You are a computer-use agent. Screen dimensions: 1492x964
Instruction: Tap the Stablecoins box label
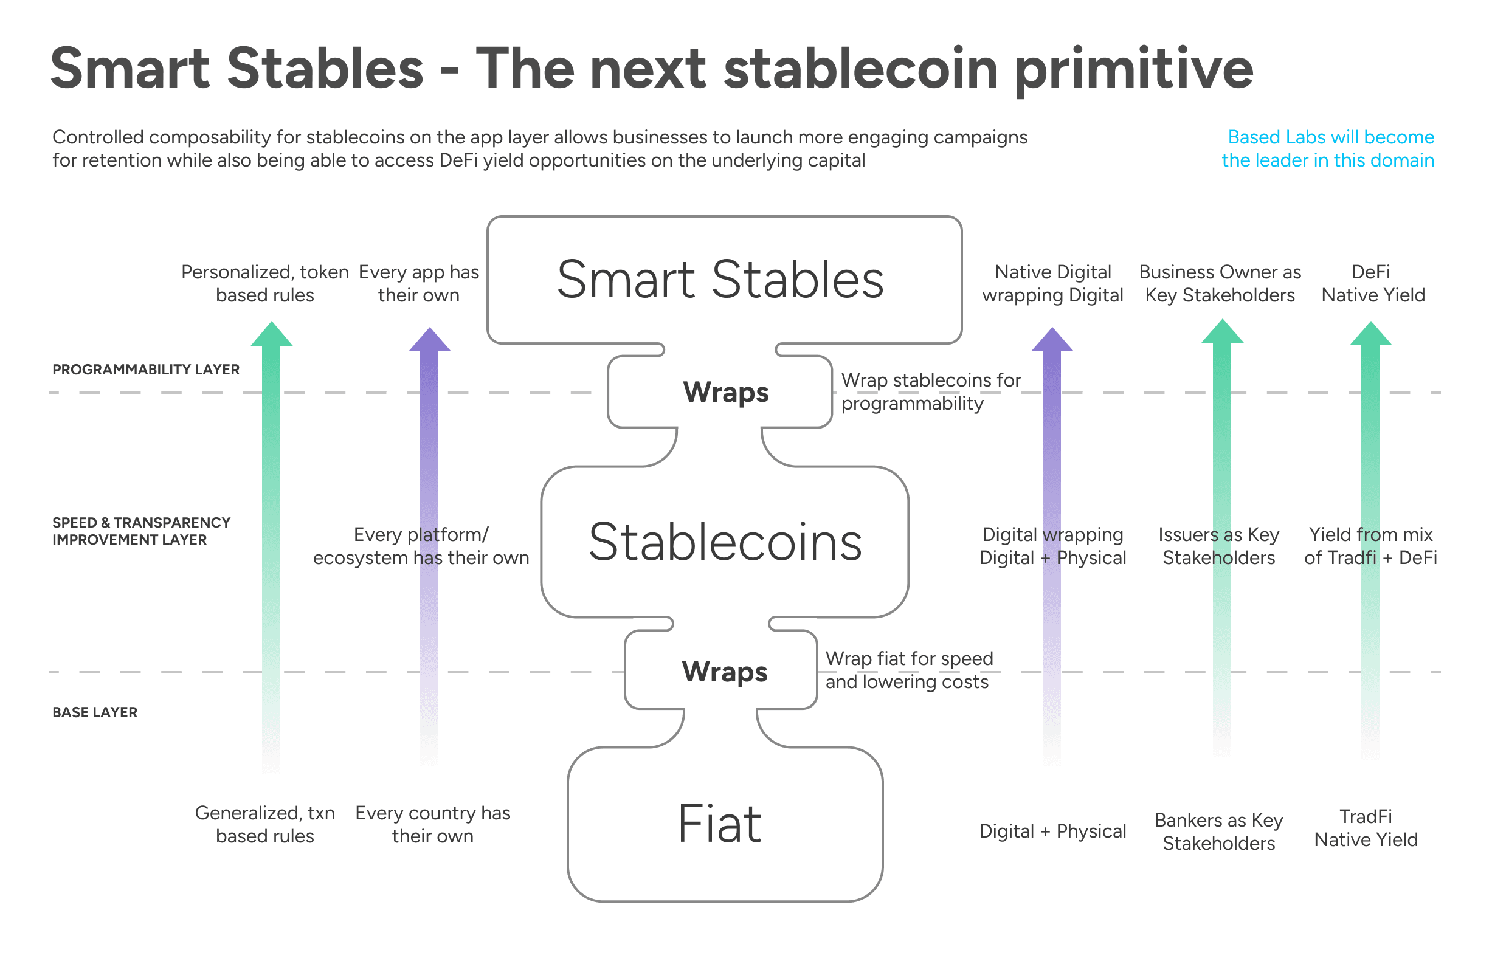(x=725, y=542)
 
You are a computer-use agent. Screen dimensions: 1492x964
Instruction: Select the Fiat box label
(x=720, y=824)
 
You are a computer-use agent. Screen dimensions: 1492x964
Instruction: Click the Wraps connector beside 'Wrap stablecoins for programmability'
(x=726, y=392)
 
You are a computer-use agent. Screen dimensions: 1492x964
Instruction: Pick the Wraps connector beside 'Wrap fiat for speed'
(x=724, y=671)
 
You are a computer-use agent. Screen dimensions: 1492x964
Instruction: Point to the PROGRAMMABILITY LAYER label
(x=146, y=370)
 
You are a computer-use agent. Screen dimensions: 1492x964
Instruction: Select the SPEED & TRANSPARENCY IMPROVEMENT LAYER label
(x=142, y=531)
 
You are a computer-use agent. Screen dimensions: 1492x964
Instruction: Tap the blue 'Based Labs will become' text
(x=1330, y=137)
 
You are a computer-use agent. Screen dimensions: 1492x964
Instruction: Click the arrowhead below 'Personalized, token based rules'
(x=271, y=334)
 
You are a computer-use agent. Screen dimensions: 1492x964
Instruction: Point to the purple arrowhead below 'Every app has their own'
(x=429, y=339)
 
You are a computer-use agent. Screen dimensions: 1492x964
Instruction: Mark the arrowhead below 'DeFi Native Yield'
(x=1370, y=334)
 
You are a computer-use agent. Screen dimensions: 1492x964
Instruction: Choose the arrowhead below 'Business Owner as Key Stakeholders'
(x=1222, y=331)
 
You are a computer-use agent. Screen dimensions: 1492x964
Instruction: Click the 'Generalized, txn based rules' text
(x=265, y=824)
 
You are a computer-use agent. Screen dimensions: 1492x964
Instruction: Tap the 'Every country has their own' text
(x=433, y=824)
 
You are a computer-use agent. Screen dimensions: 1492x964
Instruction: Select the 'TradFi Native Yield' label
(x=1366, y=828)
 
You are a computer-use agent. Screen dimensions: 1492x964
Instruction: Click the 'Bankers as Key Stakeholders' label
(x=1218, y=832)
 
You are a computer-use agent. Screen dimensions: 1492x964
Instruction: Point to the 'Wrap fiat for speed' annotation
(x=909, y=658)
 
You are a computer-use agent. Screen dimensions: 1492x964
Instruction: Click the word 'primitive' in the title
(x=1133, y=69)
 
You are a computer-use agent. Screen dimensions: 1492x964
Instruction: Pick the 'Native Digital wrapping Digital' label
(x=1052, y=284)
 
